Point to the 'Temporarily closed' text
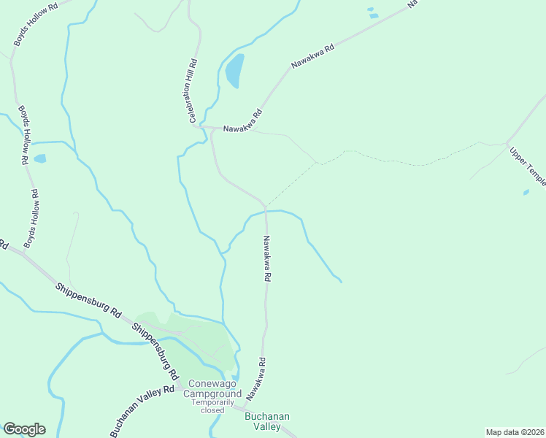coord(213,406)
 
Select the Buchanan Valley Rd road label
coord(142,412)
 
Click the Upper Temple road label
coord(527,166)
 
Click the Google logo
coord(24,429)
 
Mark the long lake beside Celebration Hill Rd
coord(234,71)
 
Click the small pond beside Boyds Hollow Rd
coord(39,158)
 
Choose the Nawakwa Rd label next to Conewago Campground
coord(254,378)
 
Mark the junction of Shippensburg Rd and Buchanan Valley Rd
coord(177,387)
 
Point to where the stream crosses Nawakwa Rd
coord(266,212)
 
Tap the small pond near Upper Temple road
coord(526,193)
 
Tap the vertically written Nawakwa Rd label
coord(267,258)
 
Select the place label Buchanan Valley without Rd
coord(266,421)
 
